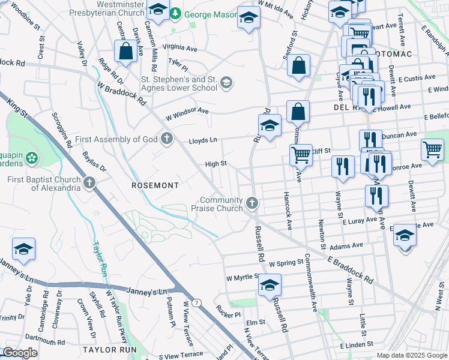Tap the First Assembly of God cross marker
(167, 139)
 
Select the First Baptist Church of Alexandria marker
(89, 182)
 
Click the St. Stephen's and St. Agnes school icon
(226, 82)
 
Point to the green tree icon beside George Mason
(175, 13)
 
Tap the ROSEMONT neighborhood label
(155, 185)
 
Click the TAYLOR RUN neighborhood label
(110, 349)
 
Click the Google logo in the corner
(20, 352)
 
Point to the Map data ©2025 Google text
(412, 355)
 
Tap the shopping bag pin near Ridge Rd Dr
(126, 52)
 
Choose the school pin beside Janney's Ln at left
(23, 249)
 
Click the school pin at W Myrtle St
(270, 284)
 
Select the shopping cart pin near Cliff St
(301, 154)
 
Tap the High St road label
(215, 163)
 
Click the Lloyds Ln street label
(202, 139)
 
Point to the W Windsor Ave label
(187, 112)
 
